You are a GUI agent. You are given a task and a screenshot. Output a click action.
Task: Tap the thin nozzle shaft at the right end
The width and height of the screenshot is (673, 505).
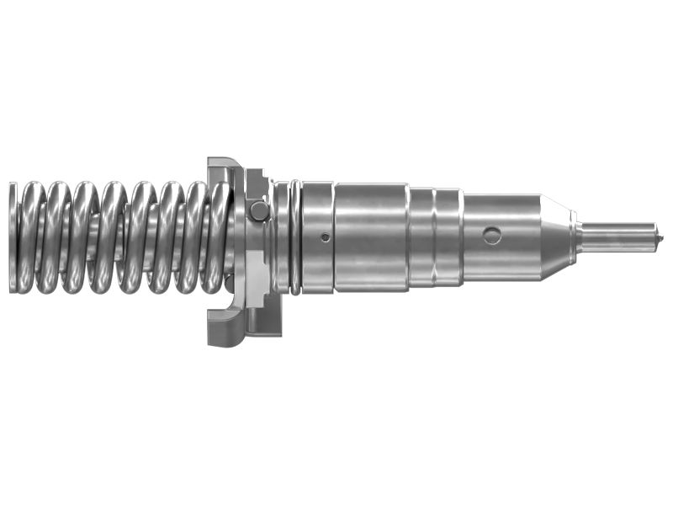pos(618,237)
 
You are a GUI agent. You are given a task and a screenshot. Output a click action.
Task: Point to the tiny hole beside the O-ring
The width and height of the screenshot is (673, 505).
pos(325,237)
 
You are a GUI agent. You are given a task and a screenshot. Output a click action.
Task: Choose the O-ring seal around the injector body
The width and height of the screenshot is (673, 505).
pos(294,238)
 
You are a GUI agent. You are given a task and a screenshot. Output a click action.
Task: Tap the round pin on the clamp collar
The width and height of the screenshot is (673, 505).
pos(260,210)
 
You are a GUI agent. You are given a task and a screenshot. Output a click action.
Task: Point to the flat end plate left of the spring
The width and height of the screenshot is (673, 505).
pos(12,238)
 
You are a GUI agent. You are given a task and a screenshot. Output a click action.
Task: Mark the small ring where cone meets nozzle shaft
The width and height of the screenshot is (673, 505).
pos(575,237)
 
